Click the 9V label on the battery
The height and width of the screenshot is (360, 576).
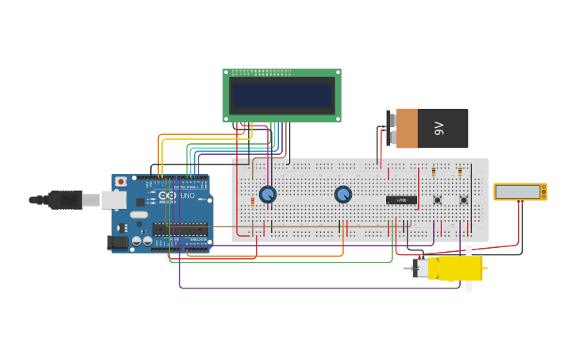point(439,128)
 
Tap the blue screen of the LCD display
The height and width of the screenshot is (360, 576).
point(281,95)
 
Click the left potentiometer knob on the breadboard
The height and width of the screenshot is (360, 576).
point(268,194)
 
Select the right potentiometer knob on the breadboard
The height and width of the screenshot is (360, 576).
point(342,194)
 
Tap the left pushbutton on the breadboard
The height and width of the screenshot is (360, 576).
point(437,200)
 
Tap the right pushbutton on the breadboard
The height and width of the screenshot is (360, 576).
point(463,200)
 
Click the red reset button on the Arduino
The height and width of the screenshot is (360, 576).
point(121,182)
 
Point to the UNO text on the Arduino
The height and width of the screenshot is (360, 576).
point(187,195)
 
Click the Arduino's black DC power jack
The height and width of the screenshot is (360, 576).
point(117,243)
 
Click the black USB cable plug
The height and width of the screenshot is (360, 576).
point(64,199)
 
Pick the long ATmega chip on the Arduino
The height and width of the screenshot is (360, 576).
point(180,230)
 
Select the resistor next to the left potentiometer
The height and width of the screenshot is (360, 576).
point(253,201)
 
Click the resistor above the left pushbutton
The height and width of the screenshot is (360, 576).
point(434,171)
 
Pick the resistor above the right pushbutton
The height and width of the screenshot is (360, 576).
point(460,171)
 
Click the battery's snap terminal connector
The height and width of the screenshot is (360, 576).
point(392,128)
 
